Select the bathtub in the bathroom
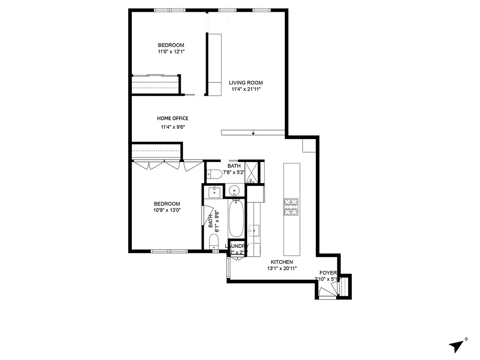coord(236,219)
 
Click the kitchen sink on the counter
coord(254,229)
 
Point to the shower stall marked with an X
coord(252,172)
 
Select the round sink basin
coord(235,190)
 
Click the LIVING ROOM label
coord(246,83)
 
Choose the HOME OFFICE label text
coord(173,118)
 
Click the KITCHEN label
coord(282,262)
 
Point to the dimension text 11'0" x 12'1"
coord(171,52)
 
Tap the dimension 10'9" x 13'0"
coord(167,210)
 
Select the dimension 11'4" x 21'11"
coord(246,89)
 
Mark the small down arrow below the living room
coord(254,132)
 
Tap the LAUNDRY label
coord(237,246)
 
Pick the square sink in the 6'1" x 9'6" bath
coord(215,192)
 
